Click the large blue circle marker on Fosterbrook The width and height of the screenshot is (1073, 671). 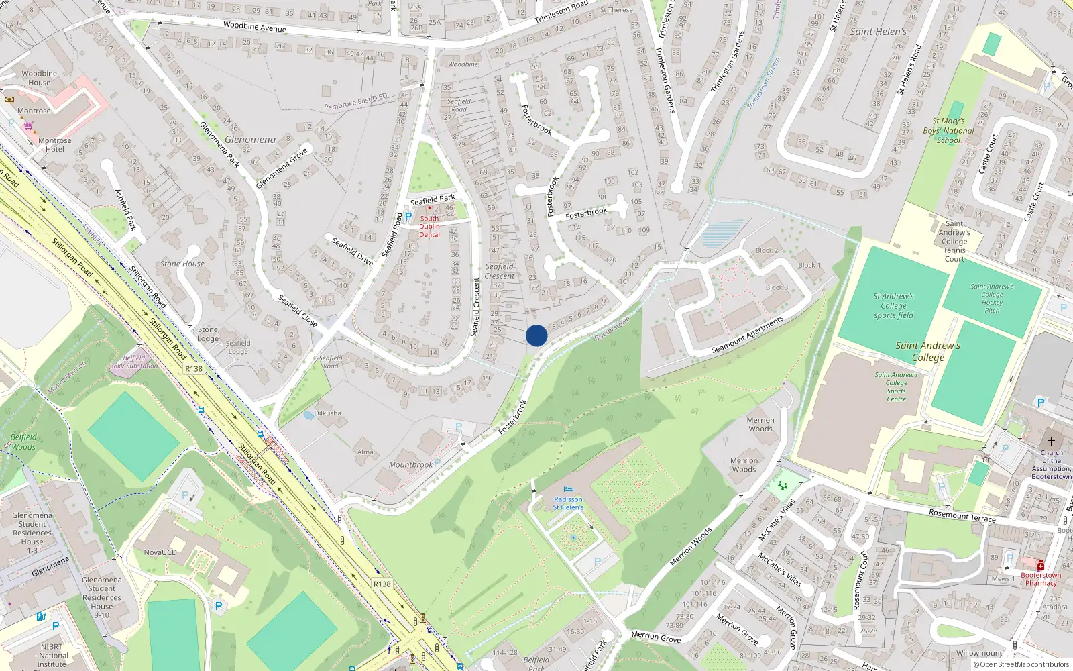[536, 335]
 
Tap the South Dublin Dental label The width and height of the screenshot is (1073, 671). [429, 226]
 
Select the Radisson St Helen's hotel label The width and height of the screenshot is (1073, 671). [568, 503]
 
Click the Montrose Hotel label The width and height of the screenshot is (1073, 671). [55, 145]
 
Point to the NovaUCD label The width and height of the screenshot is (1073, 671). [160, 552]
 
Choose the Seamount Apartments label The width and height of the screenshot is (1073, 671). [747, 335]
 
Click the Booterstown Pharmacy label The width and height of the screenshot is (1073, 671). [1041, 579]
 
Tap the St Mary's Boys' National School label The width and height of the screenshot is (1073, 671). [948, 131]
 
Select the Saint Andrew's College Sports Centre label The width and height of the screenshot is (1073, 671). [896, 387]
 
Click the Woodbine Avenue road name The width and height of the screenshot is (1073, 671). [254, 27]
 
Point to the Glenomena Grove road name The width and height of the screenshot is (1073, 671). [282, 168]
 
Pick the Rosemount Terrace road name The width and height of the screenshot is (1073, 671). [962, 515]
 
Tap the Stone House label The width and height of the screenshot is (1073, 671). [182, 264]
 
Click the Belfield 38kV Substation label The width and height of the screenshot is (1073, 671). [134, 362]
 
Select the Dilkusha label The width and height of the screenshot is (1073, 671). [327, 413]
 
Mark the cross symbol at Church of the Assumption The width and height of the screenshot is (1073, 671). [1051, 441]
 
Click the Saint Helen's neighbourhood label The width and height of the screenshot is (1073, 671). [878, 32]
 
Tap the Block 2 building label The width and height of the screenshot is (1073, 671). [767, 250]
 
